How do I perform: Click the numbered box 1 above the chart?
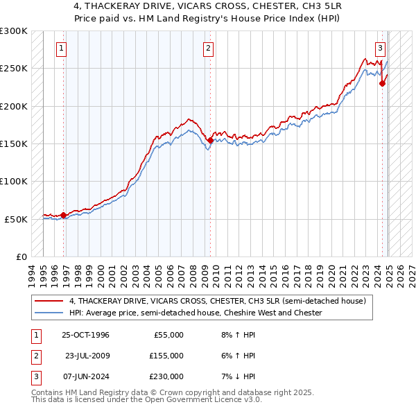point(62,48)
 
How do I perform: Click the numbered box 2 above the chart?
point(208,48)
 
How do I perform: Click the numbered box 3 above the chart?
point(381,48)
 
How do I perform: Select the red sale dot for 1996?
point(64,215)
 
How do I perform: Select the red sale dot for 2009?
point(210,140)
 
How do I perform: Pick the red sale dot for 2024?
point(382,83)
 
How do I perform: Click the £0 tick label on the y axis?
point(20,256)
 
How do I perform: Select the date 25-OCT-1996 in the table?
point(86,335)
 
